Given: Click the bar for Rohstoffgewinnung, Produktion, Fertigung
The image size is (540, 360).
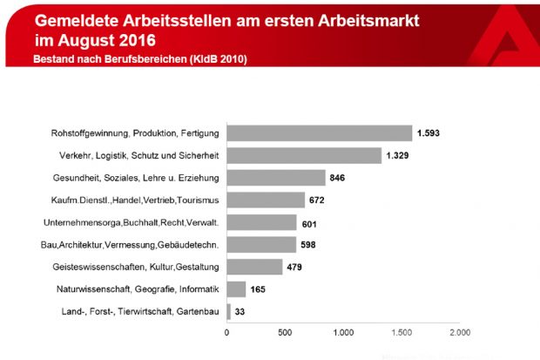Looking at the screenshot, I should click(x=320, y=133).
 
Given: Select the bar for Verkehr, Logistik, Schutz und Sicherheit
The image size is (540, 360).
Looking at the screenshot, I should click(x=304, y=156).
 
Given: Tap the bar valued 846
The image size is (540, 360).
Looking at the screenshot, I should click(x=276, y=178).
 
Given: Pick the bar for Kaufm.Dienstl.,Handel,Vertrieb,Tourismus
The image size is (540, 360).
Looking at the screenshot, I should click(x=266, y=200).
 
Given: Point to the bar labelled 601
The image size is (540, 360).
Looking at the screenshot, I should click(x=261, y=222).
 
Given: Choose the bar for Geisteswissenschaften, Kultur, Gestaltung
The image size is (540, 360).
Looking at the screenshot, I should click(x=254, y=267).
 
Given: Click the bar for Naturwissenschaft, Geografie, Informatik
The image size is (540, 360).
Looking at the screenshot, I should click(x=236, y=289).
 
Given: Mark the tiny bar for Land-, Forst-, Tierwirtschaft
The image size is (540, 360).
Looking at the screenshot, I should click(x=229, y=311).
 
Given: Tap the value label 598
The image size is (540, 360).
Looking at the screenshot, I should click(x=311, y=245).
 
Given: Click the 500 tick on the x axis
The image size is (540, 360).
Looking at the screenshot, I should click(x=285, y=332).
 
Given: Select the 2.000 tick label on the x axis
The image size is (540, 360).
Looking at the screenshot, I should click(x=459, y=332).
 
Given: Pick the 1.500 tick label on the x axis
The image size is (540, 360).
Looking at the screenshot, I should click(x=402, y=332).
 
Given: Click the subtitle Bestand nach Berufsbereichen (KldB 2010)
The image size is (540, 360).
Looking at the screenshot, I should click(x=139, y=59).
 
